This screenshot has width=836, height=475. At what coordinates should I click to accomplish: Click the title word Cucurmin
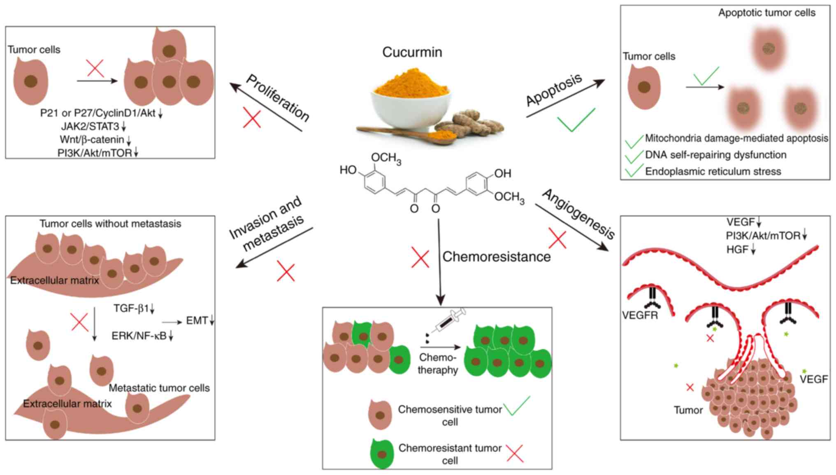412,52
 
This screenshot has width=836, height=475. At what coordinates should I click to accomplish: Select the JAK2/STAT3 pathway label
91,126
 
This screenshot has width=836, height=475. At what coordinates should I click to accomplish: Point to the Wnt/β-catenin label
92,139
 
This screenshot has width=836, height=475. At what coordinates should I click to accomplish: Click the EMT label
197,320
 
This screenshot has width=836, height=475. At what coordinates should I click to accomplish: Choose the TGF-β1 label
131,308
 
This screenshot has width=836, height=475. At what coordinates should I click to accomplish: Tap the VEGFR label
640,315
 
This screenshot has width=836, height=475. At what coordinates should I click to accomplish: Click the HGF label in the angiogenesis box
737,249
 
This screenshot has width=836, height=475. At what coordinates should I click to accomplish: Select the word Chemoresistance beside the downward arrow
496,257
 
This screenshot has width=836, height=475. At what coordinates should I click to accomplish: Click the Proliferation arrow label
278,98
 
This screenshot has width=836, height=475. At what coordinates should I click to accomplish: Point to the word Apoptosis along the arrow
554,90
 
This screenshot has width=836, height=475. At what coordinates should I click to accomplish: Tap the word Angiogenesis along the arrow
579,214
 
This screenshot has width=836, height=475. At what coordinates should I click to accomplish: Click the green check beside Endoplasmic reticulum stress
634,171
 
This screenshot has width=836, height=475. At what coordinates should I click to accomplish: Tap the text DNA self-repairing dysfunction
715,155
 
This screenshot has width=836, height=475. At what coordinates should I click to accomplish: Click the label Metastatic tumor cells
159,388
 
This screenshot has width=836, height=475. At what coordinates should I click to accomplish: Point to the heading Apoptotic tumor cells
767,13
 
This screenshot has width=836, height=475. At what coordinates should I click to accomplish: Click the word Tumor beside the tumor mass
688,410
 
